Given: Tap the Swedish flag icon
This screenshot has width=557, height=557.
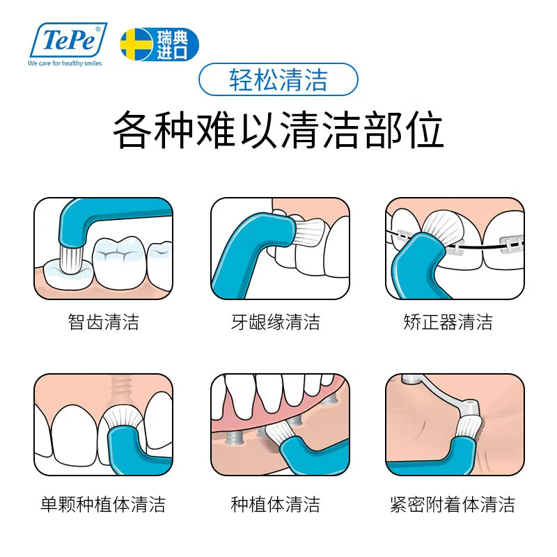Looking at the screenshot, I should click(134, 44).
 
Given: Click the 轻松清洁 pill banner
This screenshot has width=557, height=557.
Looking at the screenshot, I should click(278, 80).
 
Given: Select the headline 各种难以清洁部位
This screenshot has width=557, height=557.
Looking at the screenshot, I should click(278, 130).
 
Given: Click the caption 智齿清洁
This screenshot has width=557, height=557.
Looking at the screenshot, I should click(104, 322).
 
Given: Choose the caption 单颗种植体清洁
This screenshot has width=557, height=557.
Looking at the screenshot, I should click(104, 504).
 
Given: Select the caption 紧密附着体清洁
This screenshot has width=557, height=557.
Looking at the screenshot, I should click(453, 504).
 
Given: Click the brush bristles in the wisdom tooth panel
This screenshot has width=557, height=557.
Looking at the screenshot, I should click(74, 258).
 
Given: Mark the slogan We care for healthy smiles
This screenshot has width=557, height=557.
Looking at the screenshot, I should click(65, 63).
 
